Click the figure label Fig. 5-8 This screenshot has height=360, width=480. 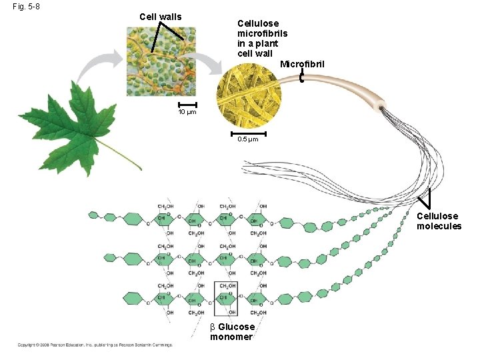click(x=26, y=7)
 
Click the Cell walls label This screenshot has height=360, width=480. click(x=160, y=17)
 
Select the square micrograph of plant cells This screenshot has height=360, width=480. click(x=162, y=61)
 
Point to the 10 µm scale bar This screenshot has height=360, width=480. click(x=187, y=105)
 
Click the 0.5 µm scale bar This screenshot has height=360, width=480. click(x=247, y=133)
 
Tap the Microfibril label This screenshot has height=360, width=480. click(x=302, y=64)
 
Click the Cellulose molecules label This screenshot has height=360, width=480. click(x=439, y=221)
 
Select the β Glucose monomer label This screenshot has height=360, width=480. click(x=232, y=331)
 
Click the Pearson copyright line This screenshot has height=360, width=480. click(x=95, y=345)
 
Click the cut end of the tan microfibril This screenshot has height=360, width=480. click(x=381, y=106)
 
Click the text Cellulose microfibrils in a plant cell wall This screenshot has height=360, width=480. click(x=257, y=38)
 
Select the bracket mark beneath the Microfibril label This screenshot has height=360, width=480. click(x=302, y=77)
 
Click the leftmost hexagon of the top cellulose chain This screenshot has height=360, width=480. click(x=93, y=215)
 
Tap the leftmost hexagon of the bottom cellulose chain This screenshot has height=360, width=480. click(x=93, y=296)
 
